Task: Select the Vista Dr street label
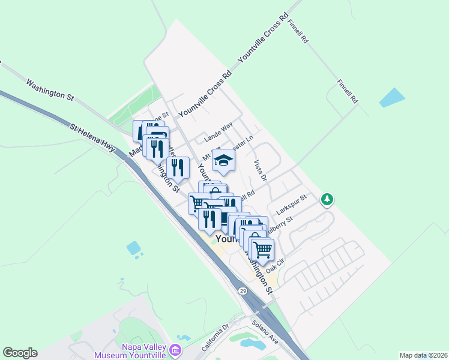click(x=259, y=170)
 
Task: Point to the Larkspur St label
click(x=292, y=204)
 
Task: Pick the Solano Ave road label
click(x=265, y=331)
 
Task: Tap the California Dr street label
click(x=215, y=338)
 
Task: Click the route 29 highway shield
click(x=242, y=291)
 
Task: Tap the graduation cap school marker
click(x=223, y=161)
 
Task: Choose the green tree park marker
click(x=327, y=199)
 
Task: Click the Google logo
click(x=20, y=353)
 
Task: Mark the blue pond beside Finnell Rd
click(x=392, y=97)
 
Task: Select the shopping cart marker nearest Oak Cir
click(x=262, y=248)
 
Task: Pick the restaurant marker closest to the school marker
click(x=178, y=167)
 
